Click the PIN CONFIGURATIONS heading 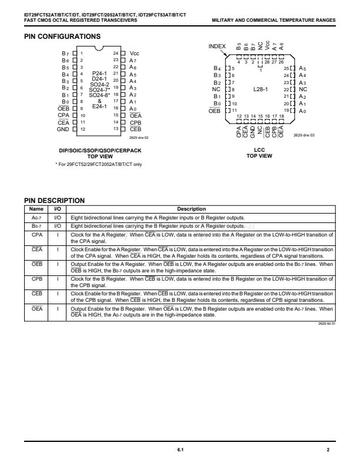pyautogui.click(x=62, y=36)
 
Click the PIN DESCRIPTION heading pyautogui.click(x=54, y=201)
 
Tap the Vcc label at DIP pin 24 pyautogui.click(x=135, y=53)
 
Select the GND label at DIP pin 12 pyautogui.click(x=64, y=129)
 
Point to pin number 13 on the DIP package pyautogui.click(x=115, y=129)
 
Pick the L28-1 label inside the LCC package pyautogui.click(x=261, y=89)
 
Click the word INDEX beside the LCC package pyautogui.click(x=218, y=46)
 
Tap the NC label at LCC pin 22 pyautogui.click(x=304, y=89)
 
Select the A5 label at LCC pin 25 pyautogui.click(x=303, y=69)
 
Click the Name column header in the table pyautogui.click(x=36, y=209)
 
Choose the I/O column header pyautogui.click(x=58, y=209)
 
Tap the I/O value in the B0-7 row pyautogui.click(x=58, y=225)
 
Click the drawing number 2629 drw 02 pyautogui.click(x=136, y=137)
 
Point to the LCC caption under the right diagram pyautogui.click(x=259, y=150)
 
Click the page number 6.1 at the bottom pyautogui.click(x=180, y=450)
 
